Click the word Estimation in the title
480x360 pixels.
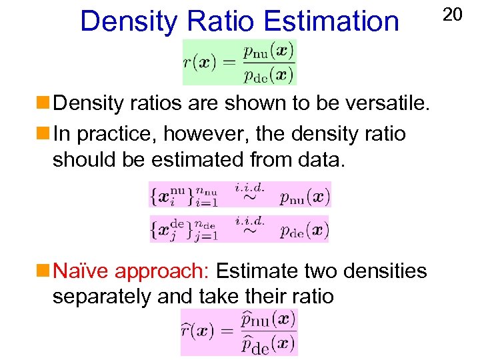click(x=331, y=21)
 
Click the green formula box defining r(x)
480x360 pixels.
click(x=239, y=61)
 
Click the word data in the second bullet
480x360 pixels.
click(x=322, y=160)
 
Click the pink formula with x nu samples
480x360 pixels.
click(x=239, y=195)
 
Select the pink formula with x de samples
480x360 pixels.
click(x=239, y=229)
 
